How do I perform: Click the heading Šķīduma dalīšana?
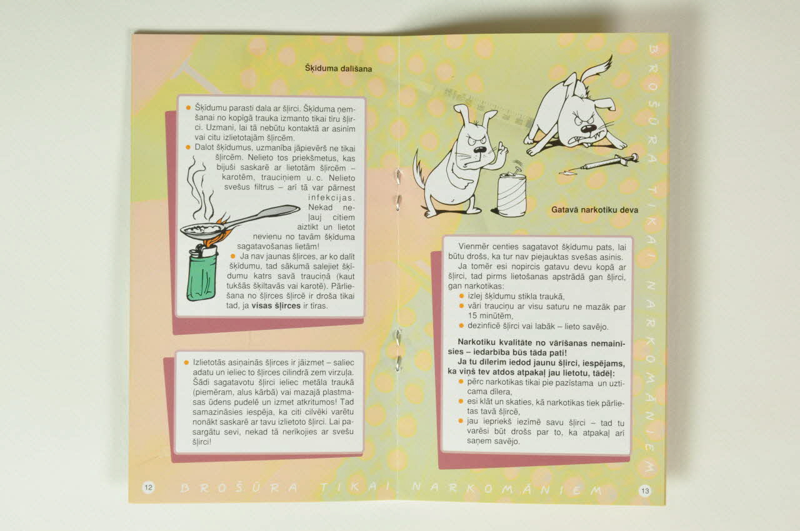[338, 68]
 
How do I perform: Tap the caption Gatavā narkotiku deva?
[594, 210]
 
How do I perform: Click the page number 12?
[149, 487]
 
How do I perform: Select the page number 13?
[645, 491]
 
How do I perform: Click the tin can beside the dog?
[511, 194]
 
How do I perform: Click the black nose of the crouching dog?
[587, 129]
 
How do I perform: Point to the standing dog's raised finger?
[501, 148]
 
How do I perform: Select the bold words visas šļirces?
[276, 306]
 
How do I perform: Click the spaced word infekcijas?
[331, 197]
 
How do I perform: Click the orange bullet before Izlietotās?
[186, 362]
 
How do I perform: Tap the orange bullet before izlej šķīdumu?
[461, 296]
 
